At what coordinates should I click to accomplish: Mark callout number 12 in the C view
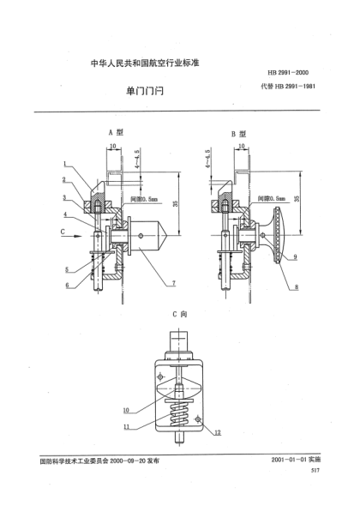click(x=218, y=434)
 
